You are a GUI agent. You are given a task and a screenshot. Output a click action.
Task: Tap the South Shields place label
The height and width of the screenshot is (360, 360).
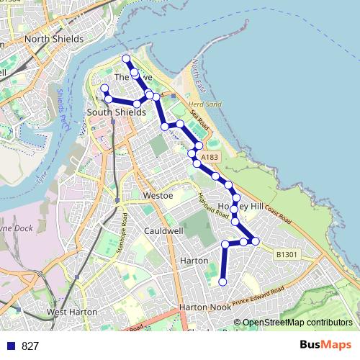coord(116,112)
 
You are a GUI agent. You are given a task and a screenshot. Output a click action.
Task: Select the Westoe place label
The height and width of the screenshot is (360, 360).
coord(158,195)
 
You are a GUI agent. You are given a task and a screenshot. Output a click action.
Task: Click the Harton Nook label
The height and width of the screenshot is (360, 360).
coord(205,307)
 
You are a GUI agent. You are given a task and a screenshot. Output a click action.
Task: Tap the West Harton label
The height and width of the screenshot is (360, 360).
coord(72,312)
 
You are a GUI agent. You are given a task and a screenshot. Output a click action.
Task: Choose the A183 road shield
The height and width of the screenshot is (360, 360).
coord(210,157)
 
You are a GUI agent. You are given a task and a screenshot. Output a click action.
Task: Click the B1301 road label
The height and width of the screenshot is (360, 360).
coord(286,254)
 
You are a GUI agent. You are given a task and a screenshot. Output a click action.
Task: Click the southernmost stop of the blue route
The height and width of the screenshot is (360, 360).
coord(223,282)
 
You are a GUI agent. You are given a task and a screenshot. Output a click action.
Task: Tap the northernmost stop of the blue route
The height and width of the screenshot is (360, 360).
coord(126,58)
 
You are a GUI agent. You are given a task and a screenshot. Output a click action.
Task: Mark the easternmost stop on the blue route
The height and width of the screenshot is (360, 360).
coord(256,240)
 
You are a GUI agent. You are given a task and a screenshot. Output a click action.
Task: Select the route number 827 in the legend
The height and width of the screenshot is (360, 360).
coord(30,346)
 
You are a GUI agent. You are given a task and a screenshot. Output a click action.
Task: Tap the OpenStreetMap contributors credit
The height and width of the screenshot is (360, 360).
coord(297,323)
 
